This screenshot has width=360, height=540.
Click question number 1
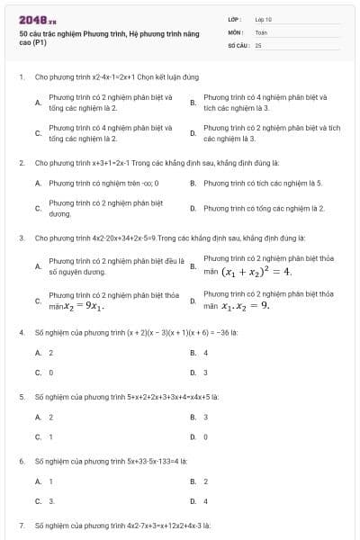coord(21,77)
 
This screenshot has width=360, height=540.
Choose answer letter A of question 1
coord(38,103)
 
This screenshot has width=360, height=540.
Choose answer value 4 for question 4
coord(205,353)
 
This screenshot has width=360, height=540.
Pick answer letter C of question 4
coord(38,372)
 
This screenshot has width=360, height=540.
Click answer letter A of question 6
coord(38,481)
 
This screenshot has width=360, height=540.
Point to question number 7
coord(21,524)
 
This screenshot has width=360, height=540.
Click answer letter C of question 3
coord(38,301)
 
